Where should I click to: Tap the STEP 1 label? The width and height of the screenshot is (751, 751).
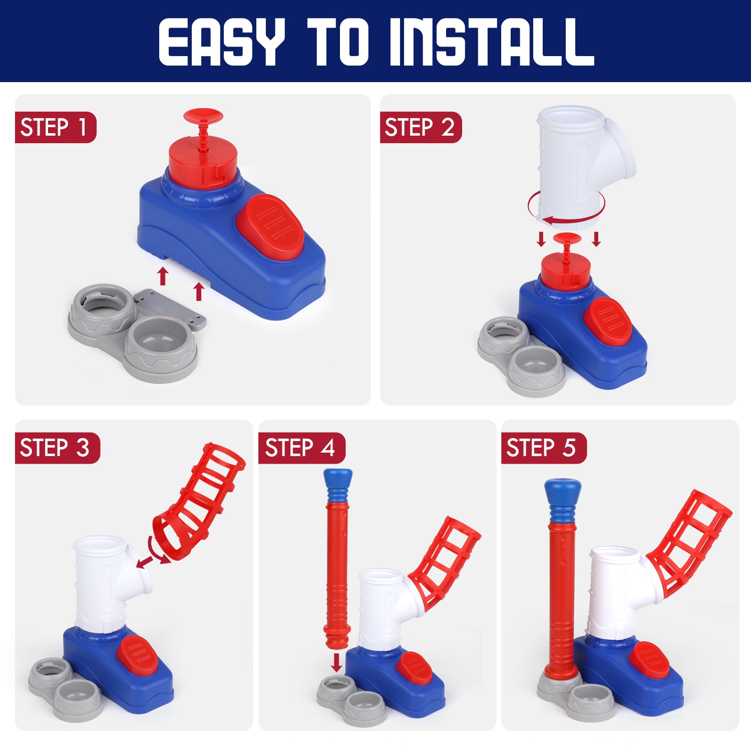[55, 127]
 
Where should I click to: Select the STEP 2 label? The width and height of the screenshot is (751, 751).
[421, 127]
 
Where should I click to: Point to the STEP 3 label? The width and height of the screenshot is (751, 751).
[57, 448]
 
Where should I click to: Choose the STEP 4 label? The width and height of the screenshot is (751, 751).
[301, 448]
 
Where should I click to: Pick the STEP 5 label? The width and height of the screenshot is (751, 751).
[544, 448]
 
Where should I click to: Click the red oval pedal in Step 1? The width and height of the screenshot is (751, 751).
[269, 228]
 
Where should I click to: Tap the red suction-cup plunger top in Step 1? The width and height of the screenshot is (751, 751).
[203, 116]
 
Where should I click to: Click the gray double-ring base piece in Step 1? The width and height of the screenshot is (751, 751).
[135, 331]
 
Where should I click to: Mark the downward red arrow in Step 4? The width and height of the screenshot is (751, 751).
[337, 662]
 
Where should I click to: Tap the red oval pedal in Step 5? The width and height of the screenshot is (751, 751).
[649, 660]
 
